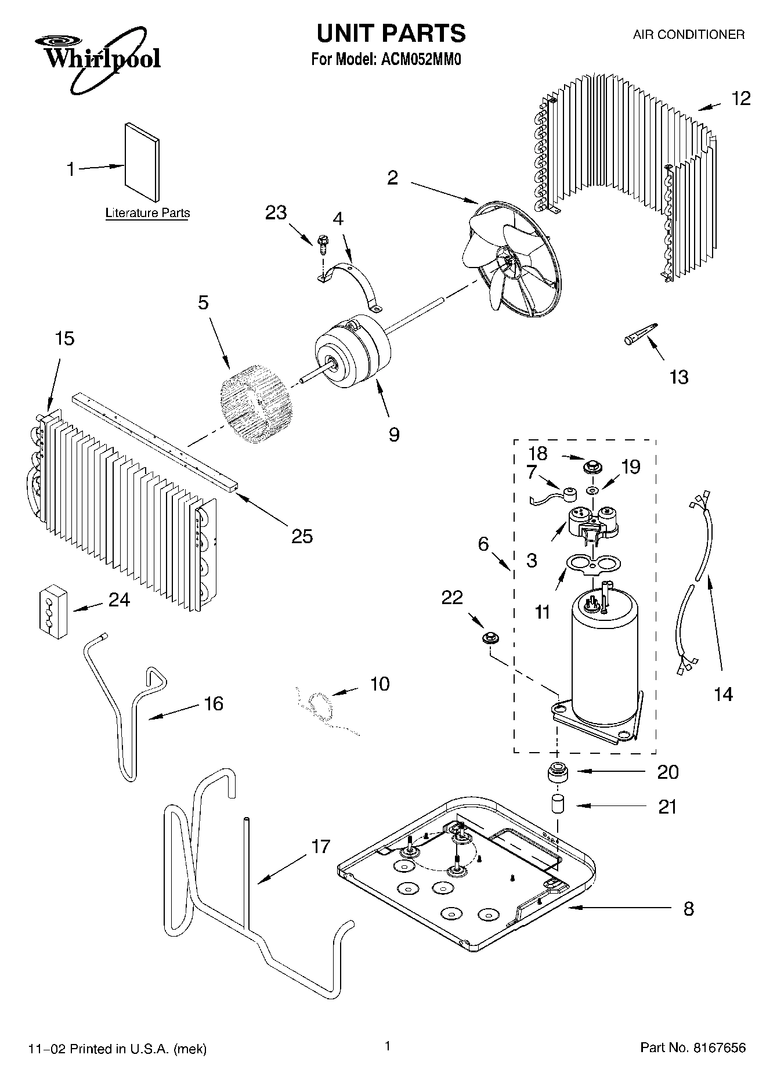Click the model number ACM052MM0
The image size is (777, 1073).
click(420, 60)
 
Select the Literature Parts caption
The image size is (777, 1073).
click(147, 213)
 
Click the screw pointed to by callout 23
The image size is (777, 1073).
click(322, 242)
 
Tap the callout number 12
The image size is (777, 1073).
click(740, 99)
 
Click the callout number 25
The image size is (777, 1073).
click(302, 536)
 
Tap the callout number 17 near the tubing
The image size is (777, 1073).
click(320, 847)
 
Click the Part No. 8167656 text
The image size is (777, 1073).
click(692, 1047)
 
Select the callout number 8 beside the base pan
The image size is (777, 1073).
click(688, 908)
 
